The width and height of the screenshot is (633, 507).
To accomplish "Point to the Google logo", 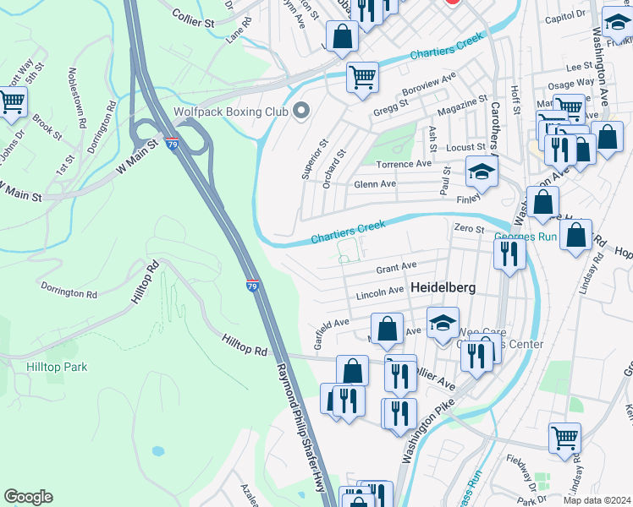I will pyautogui.click(x=28, y=497).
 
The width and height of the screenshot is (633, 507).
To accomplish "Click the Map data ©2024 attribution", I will pyautogui.click(x=597, y=500).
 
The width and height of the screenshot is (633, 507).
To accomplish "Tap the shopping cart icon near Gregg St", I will pyautogui.click(x=362, y=77).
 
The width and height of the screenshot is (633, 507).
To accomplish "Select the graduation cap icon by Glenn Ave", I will pyautogui.click(x=482, y=172).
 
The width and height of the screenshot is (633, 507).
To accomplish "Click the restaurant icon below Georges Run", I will pyautogui.click(x=509, y=253).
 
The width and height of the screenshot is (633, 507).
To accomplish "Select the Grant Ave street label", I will pyautogui.click(x=396, y=269).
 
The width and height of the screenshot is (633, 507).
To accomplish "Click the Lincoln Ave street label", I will pyautogui.click(x=379, y=292).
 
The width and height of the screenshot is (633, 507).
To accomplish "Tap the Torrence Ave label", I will pyautogui.click(x=405, y=164).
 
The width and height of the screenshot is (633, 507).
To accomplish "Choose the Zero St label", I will pyautogui.click(x=468, y=228).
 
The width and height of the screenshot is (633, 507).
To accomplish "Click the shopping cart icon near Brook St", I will pyautogui.click(x=12, y=102).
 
